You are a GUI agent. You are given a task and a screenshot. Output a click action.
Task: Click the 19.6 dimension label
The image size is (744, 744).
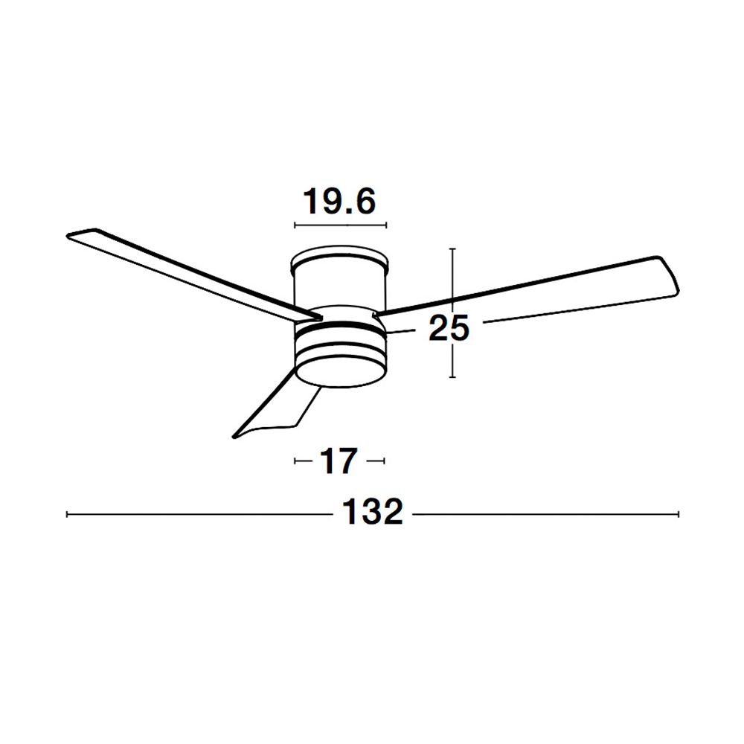tap(339, 201)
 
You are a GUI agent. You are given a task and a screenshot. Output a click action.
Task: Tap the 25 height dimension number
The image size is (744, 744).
tap(449, 327)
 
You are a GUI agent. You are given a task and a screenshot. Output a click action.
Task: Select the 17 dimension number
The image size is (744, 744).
tap(339, 461)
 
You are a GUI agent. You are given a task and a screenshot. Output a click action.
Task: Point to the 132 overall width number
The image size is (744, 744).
tap(373, 511)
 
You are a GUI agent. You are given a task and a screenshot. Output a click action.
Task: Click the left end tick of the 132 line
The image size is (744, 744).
tap(67, 514)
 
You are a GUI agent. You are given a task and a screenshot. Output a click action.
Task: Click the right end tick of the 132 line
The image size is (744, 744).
tap(679, 514)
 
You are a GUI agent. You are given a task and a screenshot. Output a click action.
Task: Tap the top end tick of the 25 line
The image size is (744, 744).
tap(452, 248)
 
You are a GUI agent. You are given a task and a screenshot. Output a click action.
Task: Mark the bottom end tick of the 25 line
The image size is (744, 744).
tap(452, 377)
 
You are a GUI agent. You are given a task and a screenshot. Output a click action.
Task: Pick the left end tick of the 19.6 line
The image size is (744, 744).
tap(295, 225)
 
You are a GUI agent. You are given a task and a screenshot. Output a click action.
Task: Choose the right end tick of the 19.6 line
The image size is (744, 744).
tap(386, 225)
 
